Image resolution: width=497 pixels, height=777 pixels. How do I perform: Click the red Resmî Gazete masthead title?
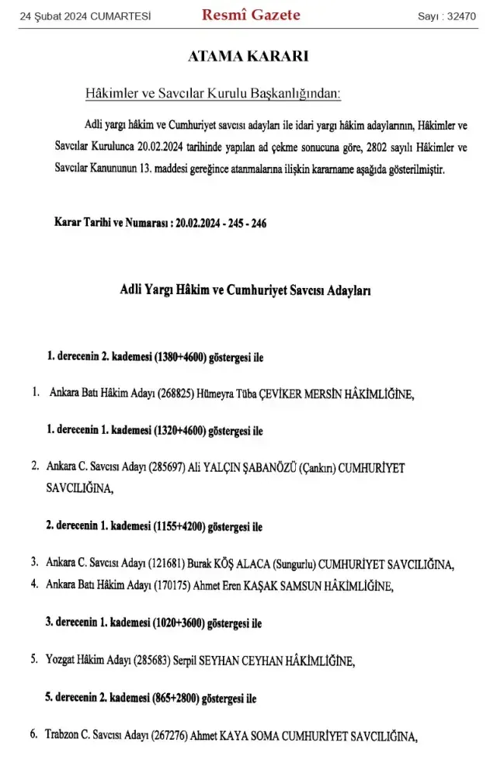pyautogui.click(x=250, y=16)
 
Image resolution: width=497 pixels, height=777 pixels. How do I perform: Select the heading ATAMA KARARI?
pyautogui.click(x=248, y=57)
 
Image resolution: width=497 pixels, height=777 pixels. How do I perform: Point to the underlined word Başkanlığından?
pyautogui.click(x=297, y=95)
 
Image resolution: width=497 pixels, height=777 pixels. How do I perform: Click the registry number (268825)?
pyautogui.click(x=180, y=394)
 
